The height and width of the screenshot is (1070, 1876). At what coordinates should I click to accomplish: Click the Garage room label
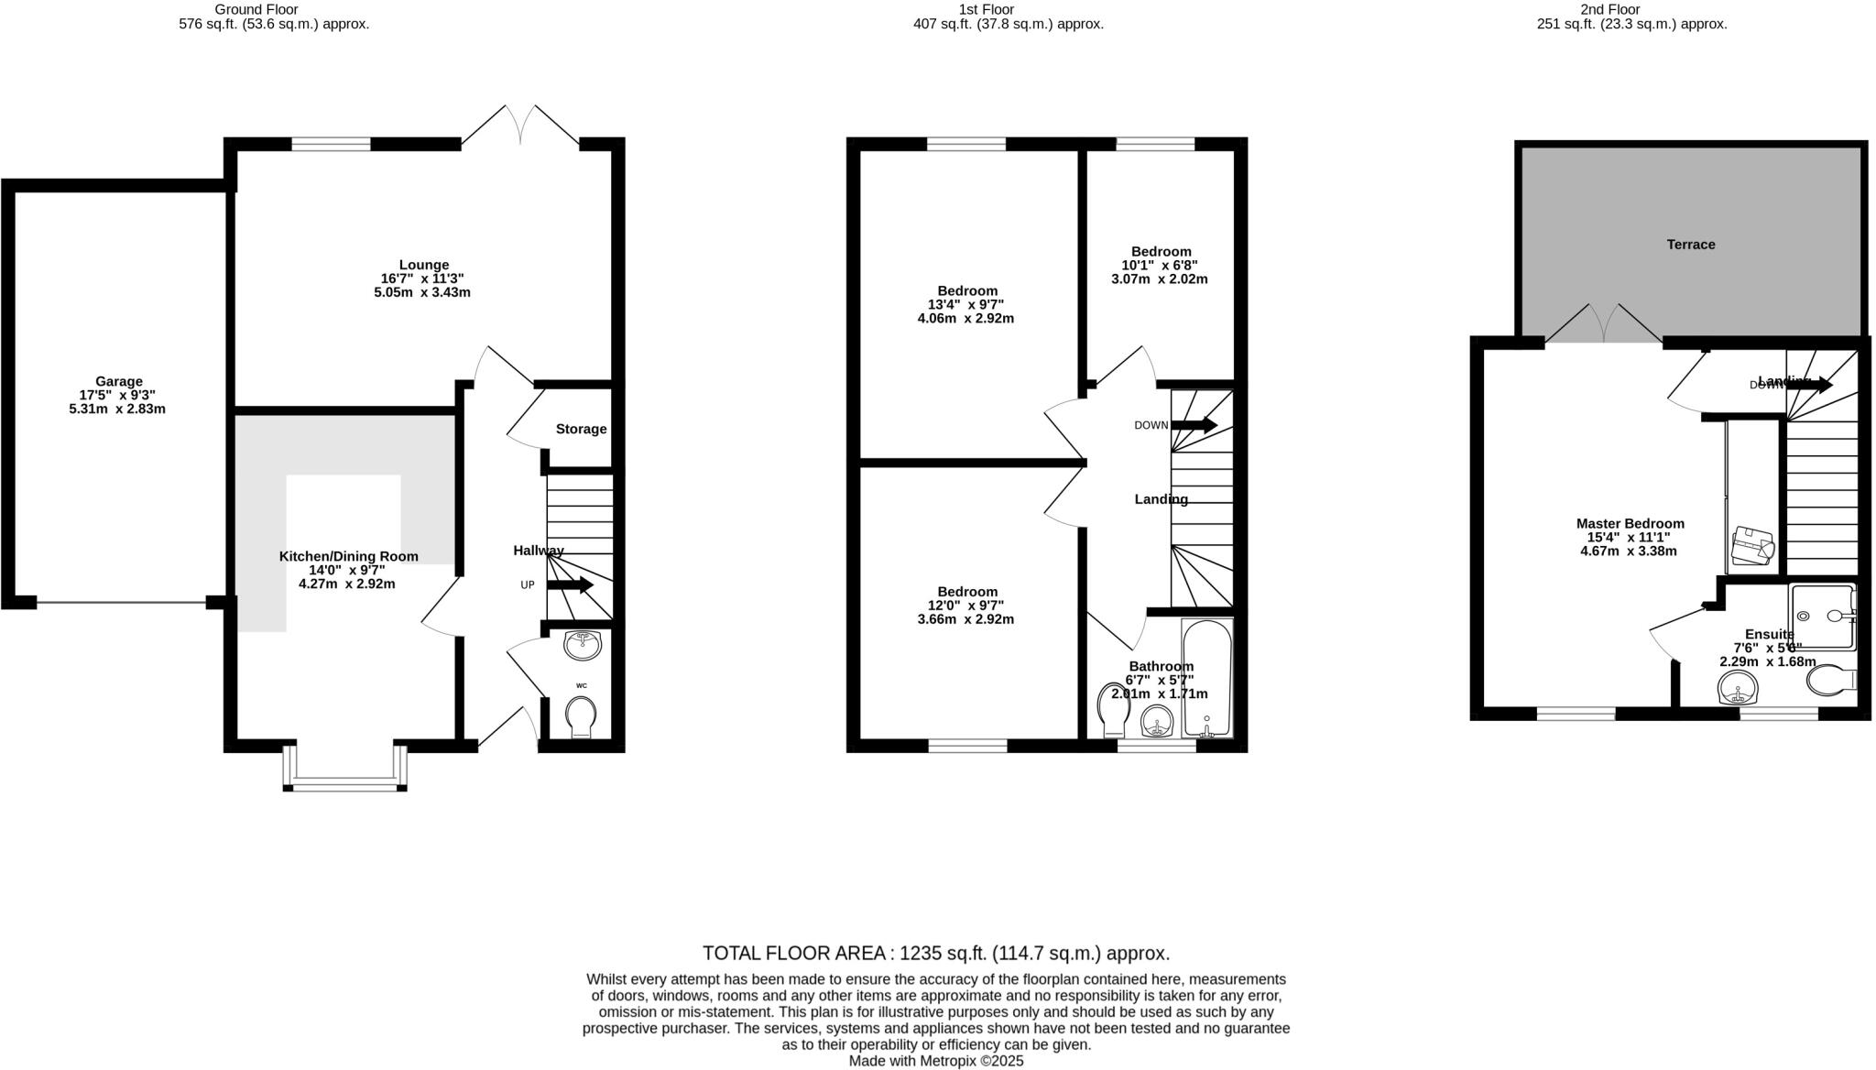pos(119,381)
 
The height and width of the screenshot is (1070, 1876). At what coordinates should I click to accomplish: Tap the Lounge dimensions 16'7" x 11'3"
pos(423,278)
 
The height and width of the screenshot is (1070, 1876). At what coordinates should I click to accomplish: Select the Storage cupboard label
pos(581,429)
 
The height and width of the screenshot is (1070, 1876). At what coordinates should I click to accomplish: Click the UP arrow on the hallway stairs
pos(571,585)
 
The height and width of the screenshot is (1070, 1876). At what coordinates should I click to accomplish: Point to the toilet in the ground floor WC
pos(581,715)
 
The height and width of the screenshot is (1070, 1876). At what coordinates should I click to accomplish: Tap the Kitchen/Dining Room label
pos(348,556)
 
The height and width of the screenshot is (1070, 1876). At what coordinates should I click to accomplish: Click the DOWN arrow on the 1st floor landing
pos(1194,425)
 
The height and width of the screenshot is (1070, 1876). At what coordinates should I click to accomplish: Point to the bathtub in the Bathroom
pos(1207,678)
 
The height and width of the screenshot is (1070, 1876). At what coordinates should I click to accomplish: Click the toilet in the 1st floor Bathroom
pos(1113,709)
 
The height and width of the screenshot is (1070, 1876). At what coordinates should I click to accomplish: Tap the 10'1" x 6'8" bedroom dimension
pos(1160,266)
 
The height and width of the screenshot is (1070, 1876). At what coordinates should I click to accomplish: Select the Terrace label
pos(1690,245)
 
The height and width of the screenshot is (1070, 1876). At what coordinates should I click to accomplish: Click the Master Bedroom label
pos(1630,524)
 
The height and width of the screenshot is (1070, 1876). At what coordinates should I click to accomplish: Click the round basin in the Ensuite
pos(1739,687)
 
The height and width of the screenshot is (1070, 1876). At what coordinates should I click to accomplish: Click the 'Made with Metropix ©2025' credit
pos(935,1061)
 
